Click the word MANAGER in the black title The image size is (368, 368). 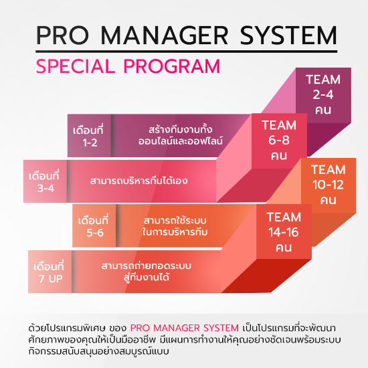(x=165, y=35)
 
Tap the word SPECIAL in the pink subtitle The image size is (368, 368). (x=76, y=66)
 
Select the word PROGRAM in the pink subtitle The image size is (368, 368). (x=172, y=66)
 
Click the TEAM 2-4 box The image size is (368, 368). (x=323, y=95)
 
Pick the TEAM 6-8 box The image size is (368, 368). (x=279, y=141)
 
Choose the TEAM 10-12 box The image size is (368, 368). (x=329, y=185)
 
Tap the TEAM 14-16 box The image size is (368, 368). (x=284, y=232)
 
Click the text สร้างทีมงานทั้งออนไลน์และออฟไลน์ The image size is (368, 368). (x=180, y=135)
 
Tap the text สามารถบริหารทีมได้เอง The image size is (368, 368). (x=139, y=181)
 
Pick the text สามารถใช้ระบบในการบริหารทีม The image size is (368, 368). (x=175, y=226)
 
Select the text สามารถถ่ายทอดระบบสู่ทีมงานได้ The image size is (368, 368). (x=147, y=272)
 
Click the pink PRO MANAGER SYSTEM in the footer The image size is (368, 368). (x=185, y=328)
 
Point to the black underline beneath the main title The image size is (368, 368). (x=187, y=51)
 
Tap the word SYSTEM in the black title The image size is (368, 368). (x=288, y=35)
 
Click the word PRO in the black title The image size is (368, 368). (x=62, y=35)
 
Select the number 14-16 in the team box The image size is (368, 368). (x=284, y=232)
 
